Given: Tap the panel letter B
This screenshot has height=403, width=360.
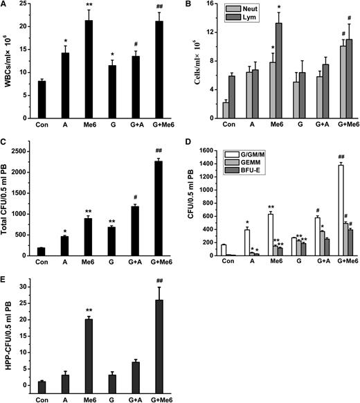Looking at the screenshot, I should point(189,6).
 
